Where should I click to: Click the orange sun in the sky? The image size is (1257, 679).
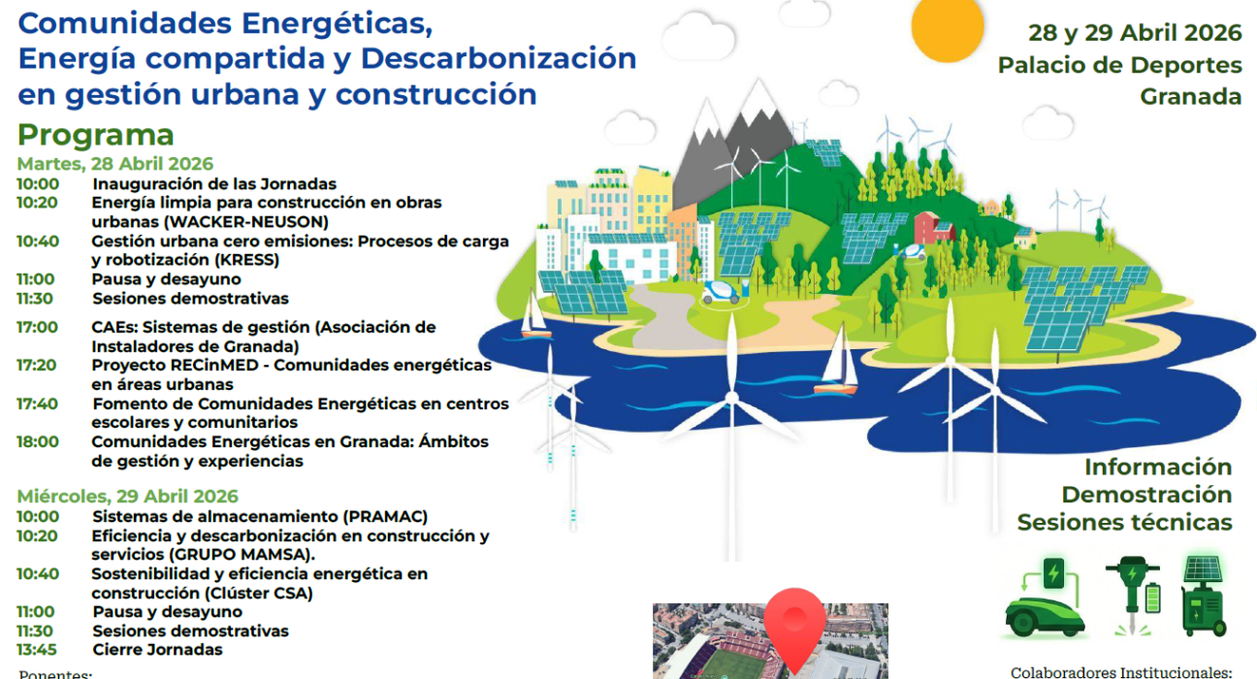click(x=948, y=28)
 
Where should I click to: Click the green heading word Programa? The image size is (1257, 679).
click(x=96, y=135)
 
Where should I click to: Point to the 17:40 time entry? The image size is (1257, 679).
click(x=37, y=404)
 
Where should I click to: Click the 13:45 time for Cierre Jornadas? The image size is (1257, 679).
click(x=37, y=650)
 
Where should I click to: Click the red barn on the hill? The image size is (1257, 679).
click(x=933, y=227)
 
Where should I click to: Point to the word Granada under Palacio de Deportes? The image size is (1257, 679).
click(x=1190, y=97)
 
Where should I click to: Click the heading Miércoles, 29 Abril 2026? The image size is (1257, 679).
click(x=128, y=496)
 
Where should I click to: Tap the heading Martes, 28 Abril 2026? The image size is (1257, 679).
click(x=115, y=164)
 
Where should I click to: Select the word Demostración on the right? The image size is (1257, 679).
click(x=1146, y=495)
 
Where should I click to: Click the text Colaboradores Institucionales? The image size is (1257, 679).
click(x=1121, y=671)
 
